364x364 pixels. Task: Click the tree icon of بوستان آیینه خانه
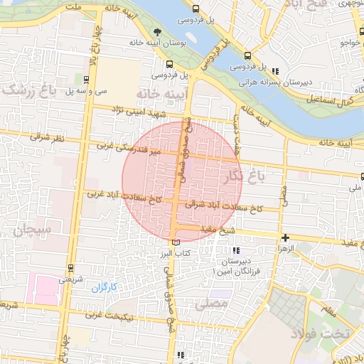[157, 31]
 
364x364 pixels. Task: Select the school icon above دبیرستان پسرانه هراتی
[274, 70]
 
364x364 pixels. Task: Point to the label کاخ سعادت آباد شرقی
[225, 206]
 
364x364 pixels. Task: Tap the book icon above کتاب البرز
[176, 243]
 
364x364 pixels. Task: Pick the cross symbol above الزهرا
[285, 239]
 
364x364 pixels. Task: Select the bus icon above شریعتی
[70, 268]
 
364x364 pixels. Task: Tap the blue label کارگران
[104, 287]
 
